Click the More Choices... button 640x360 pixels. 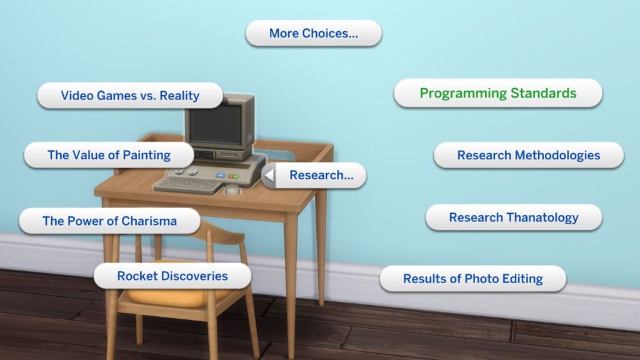[313, 33]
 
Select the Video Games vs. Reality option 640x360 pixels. [130, 96]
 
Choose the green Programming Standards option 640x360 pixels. [497, 93]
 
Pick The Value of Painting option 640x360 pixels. [109, 155]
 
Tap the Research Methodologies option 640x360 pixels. [528, 155]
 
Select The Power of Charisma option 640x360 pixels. [109, 221]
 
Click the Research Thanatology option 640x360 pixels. [513, 217]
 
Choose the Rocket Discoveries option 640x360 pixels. [172, 276]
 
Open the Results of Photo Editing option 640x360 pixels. [472, 279]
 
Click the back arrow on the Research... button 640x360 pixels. [269, 176]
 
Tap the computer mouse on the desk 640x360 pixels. [232, 189]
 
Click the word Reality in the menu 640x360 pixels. [179, 96]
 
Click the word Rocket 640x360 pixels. [136, 276]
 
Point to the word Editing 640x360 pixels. [522, 279]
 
